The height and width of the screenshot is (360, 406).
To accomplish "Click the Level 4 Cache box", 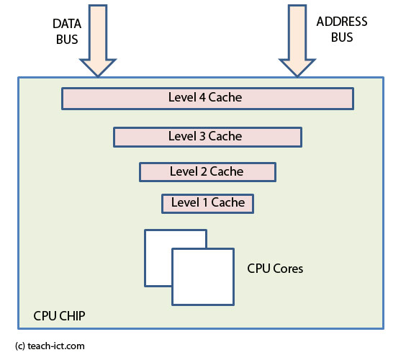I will [x=207, y=98].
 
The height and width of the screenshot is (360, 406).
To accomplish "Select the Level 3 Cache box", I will [x=207, y=136].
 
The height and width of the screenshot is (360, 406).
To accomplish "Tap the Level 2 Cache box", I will [x=207, y=171].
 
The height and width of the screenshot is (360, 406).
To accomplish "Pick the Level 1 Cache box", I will [x=207, y=203].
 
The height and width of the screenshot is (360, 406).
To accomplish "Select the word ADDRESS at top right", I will [x=341, y=22].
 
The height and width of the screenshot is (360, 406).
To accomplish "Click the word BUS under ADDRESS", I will [x=342, y=37].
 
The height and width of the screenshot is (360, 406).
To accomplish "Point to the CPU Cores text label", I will [x=275, y=269].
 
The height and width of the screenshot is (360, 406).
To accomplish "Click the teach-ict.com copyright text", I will [x=56, y=346].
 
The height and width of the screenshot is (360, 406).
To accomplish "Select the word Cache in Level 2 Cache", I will [x=227, y=171].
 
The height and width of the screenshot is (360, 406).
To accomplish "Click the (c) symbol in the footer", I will [x=19, y=346].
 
